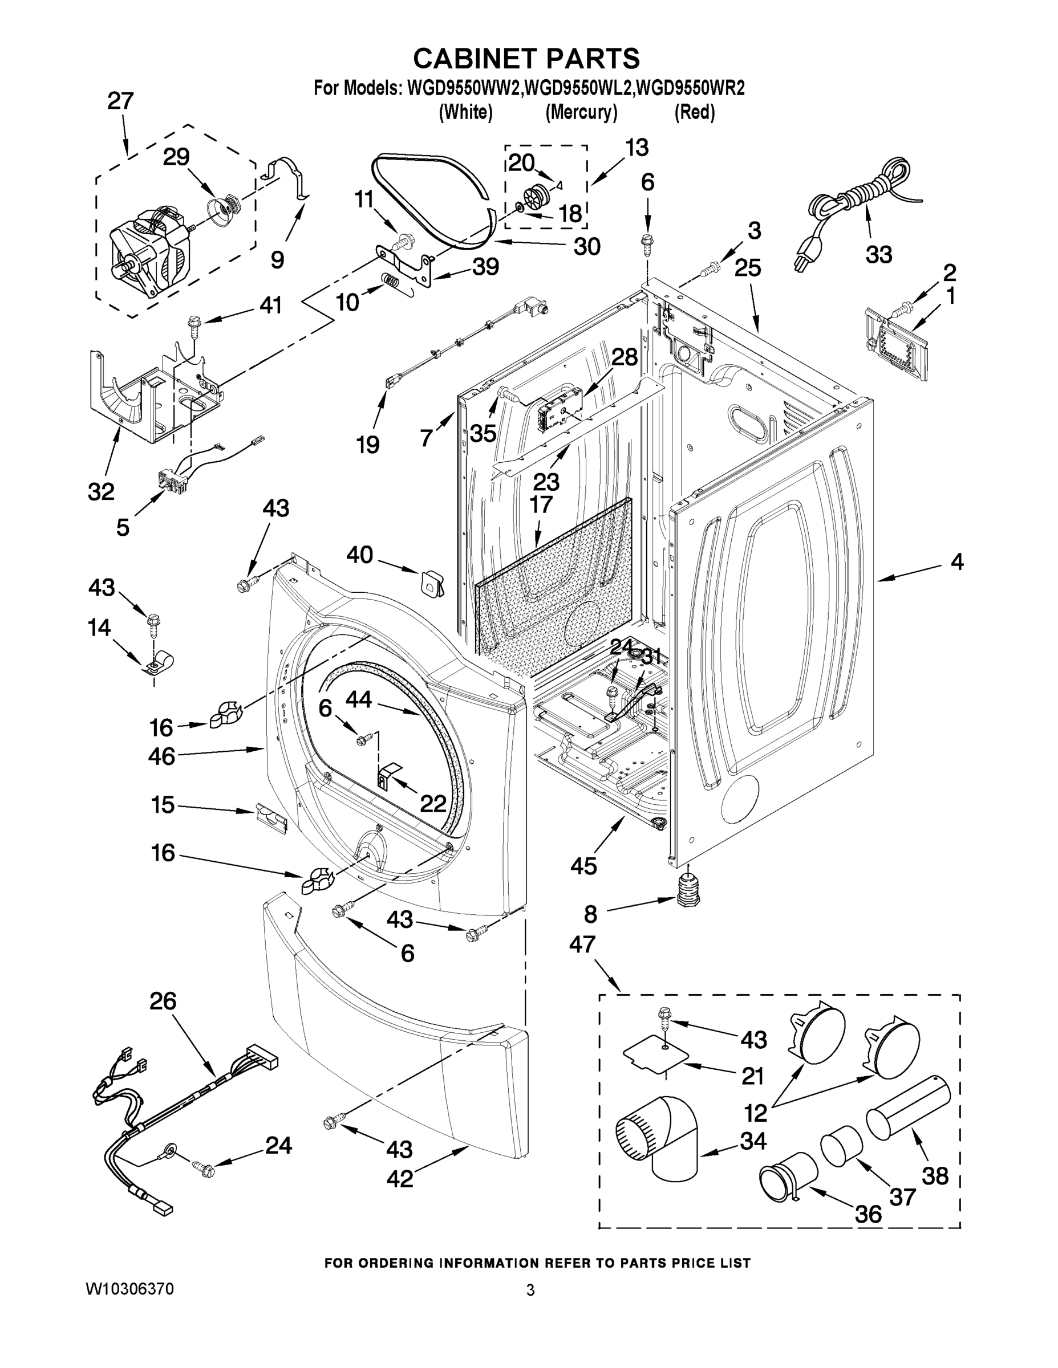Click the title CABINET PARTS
click(x=526, y=58)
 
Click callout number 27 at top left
click(x=120, y=101)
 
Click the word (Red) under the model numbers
click(x=695, y=112)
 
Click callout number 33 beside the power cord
click(x=878, y=254)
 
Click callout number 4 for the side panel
click(x=956, y=561)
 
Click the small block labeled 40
click(x=431, y=583)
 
